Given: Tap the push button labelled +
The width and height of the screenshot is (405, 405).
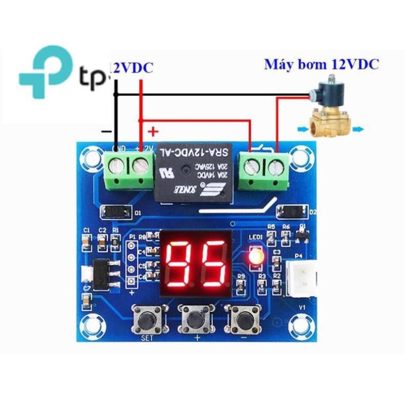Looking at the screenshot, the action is point(195,318).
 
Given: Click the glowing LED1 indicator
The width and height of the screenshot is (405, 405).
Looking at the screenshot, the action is point(255,257).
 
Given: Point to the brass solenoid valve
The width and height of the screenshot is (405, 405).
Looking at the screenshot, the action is point(330,114).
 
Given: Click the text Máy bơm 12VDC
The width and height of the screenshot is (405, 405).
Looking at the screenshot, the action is point(322,65).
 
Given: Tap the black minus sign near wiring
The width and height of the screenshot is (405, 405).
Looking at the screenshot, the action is point(107,131).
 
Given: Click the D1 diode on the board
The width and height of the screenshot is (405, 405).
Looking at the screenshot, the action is point(115,212).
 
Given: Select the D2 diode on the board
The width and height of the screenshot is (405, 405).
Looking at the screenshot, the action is point(292,212).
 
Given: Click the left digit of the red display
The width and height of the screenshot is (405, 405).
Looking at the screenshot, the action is point(178,263).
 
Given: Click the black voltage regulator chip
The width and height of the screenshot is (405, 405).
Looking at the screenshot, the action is point(103,274).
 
